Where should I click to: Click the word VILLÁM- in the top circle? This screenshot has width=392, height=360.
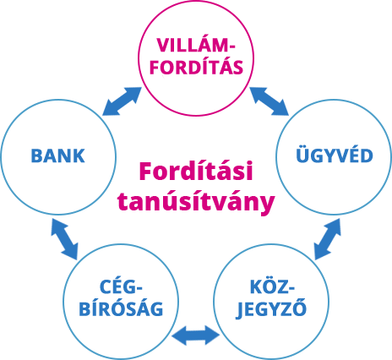point(196,45)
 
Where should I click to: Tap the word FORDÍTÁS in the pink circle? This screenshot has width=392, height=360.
point(196,67)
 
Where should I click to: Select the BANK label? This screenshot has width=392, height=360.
point(57,155)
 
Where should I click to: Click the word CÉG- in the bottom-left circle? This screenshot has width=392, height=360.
point(121,286)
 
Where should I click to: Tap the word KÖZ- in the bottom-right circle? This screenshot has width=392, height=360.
point(272,286)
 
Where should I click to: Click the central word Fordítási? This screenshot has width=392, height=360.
point(196,171)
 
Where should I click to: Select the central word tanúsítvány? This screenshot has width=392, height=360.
point(196,201)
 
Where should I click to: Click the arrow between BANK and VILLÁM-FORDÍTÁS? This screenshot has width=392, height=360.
point(122,101)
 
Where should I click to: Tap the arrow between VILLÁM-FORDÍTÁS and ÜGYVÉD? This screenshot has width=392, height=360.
point(269,101)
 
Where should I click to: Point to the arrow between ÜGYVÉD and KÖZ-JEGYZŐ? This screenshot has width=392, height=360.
point(328,239)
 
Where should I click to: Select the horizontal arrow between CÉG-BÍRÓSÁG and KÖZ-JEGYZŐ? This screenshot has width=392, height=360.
point(196,335)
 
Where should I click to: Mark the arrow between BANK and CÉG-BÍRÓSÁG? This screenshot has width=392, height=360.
point(64,239)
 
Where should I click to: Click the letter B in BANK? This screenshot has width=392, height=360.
point(36,156)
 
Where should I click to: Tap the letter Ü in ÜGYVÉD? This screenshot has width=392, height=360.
point(302,154)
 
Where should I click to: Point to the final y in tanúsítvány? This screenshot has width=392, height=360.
point(267,205)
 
